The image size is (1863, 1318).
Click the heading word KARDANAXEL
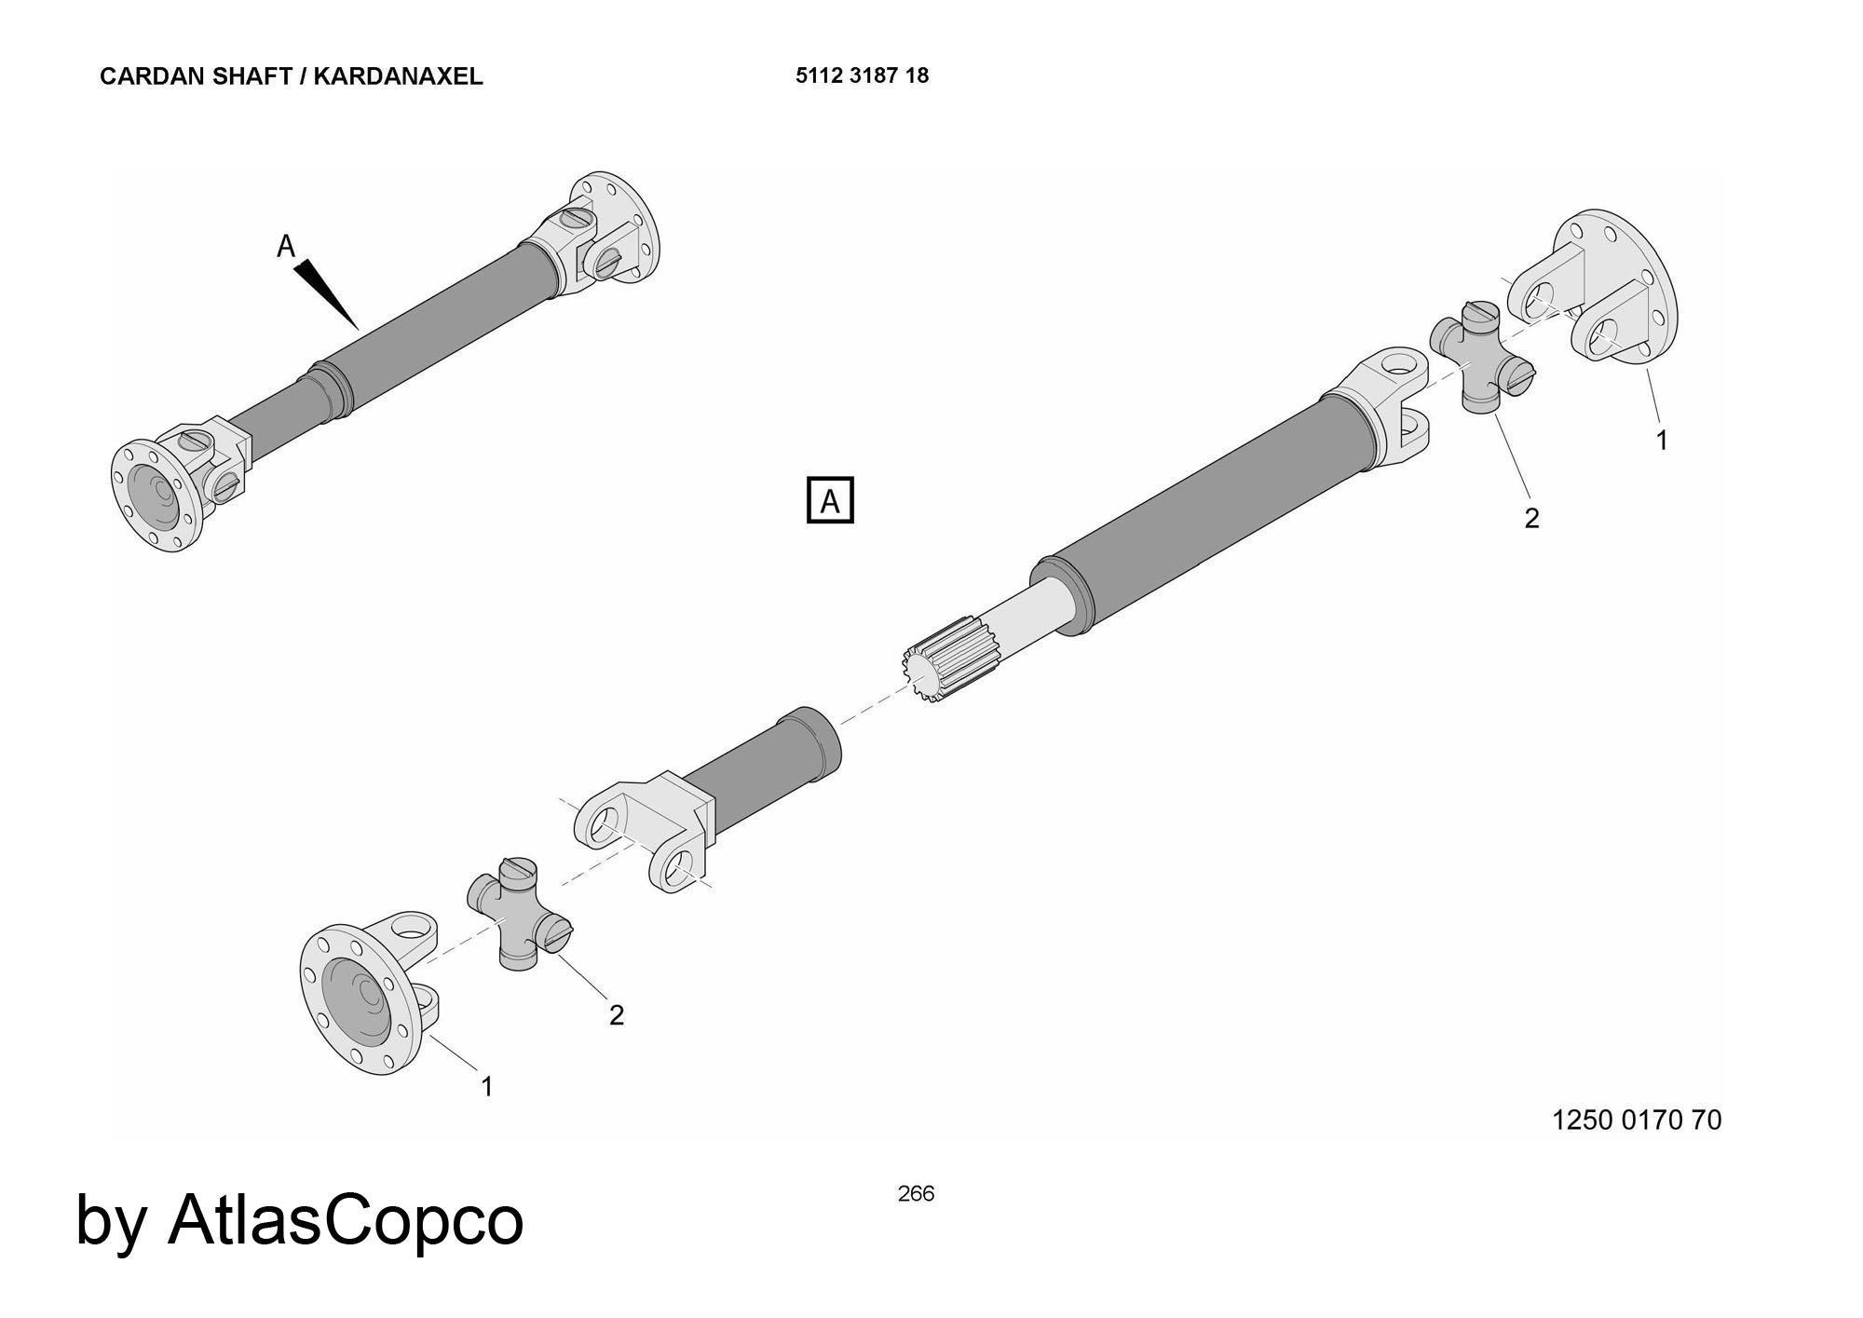[x=398, y=76]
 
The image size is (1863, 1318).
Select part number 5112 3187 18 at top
[x=862, y=75]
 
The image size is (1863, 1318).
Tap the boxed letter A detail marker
[x=829, y=501]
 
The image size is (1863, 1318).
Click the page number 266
[x=916, y=1193]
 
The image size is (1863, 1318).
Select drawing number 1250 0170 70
[x=1636, y=1120]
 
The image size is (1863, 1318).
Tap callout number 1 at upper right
[x=1662, y=440]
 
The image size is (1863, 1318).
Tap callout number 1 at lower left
[x=486, y=1086]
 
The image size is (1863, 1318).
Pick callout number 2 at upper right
[x=1531, y=518]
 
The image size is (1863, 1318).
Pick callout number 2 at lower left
[x=616, y=1015]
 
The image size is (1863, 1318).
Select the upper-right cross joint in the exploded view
[x=1481, y=358]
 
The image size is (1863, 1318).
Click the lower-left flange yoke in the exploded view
[x=368, y=997]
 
